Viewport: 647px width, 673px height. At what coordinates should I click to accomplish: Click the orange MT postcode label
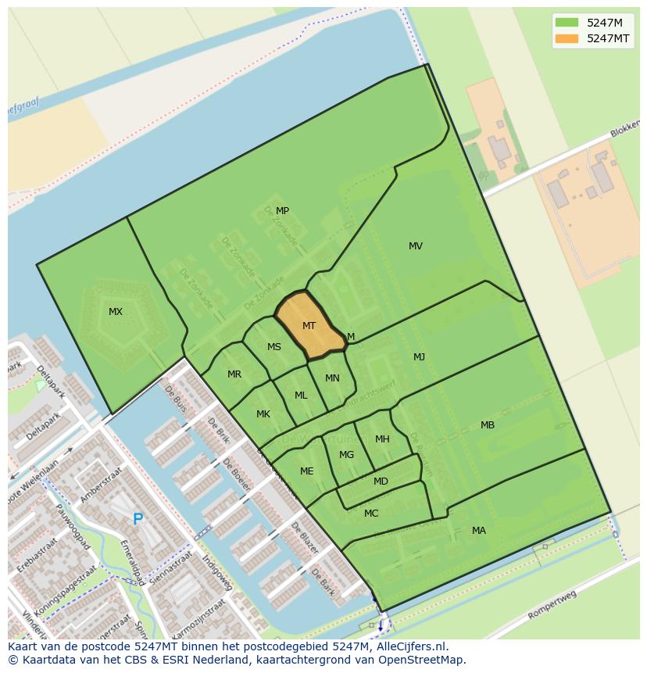(309, 326)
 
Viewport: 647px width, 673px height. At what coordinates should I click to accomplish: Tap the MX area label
(116, 312)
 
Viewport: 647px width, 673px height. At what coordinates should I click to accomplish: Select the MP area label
(282, 211)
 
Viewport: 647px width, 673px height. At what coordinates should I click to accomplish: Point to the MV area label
(416, 246)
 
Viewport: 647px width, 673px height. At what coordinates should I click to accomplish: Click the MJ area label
(420, 357)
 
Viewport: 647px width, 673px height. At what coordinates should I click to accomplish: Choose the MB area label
(488, 425)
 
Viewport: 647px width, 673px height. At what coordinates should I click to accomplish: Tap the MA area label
(479, 531)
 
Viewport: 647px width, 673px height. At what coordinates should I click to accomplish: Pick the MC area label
(371, 514)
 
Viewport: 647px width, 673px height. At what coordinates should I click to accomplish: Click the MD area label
(381, 481)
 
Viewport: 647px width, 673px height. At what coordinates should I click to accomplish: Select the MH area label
(382, 439)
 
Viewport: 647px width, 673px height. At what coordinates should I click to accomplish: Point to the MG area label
(347, 455)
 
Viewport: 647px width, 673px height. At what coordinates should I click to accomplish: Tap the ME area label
(307, 471)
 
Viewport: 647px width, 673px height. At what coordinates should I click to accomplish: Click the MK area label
(263, 414)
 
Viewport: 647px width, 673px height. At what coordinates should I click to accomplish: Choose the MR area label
(234, 374)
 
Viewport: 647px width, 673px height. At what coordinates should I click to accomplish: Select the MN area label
(332, 378)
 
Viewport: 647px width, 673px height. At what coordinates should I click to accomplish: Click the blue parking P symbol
(138, 519)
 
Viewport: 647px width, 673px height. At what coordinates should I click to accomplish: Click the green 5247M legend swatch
(567, 22)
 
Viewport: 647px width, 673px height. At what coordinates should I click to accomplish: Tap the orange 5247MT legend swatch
(567, 38)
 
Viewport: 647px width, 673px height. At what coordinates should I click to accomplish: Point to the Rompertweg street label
(552, 604)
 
